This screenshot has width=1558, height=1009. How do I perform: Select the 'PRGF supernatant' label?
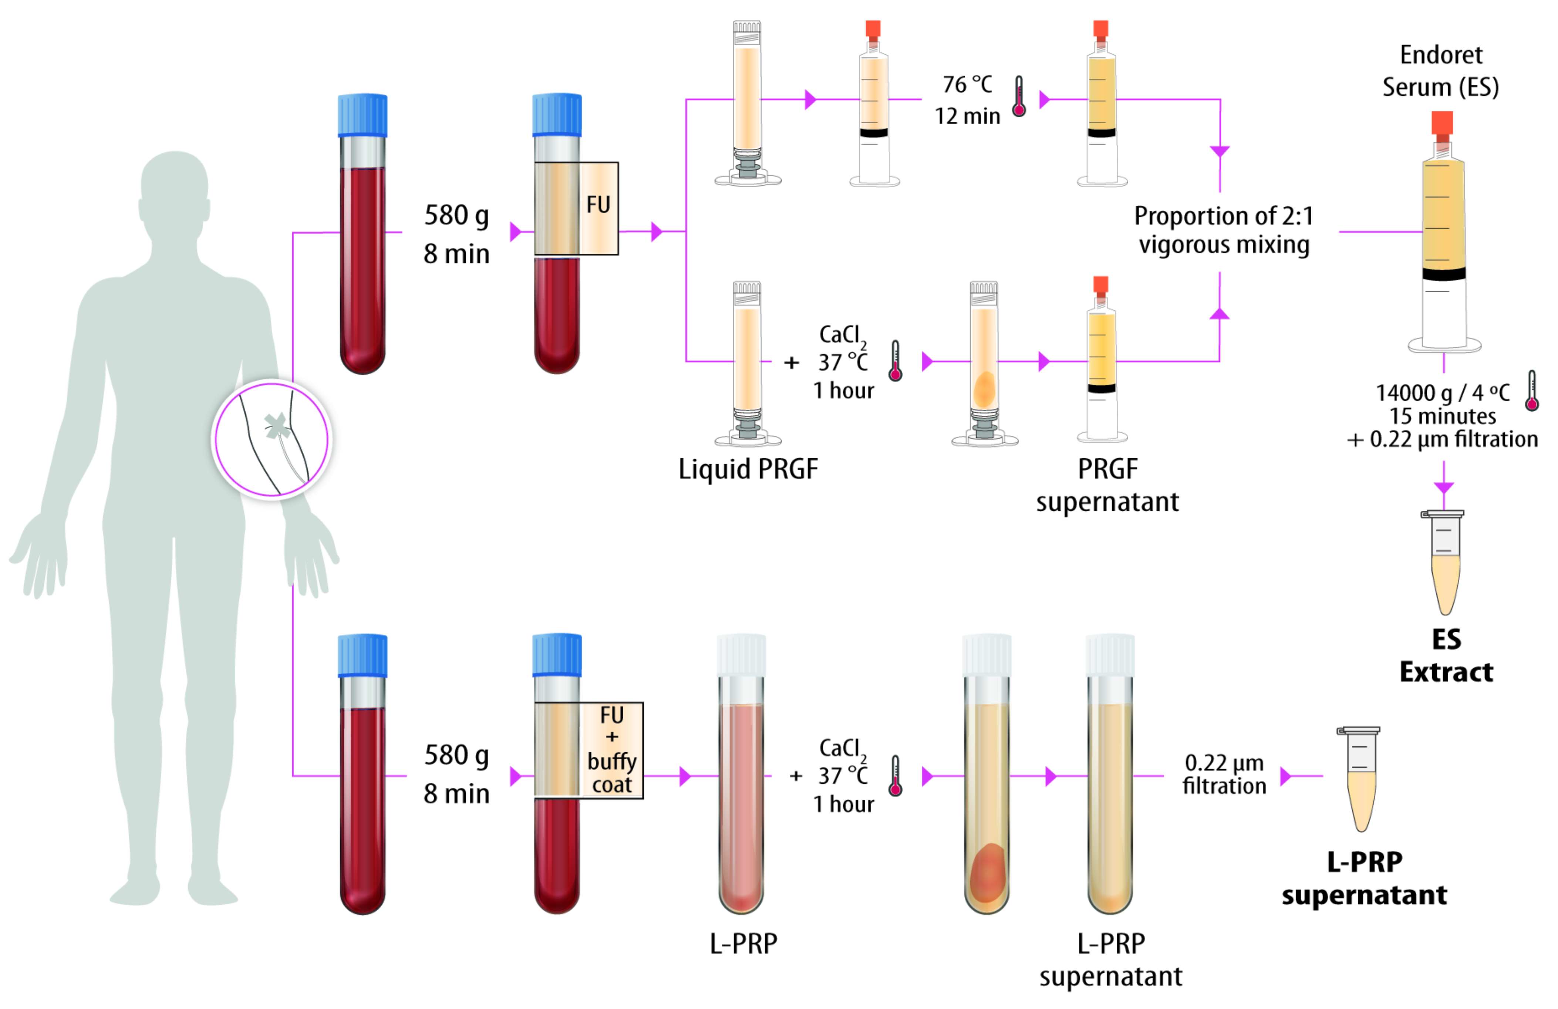click(1107, 485)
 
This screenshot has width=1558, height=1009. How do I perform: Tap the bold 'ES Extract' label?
click(1446, 655)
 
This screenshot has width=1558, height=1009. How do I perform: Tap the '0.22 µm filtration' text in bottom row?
click(1224, 775)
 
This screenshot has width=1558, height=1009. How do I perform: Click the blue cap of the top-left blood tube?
click(362, 115)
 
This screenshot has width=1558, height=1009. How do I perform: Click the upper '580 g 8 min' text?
click(456, 234)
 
